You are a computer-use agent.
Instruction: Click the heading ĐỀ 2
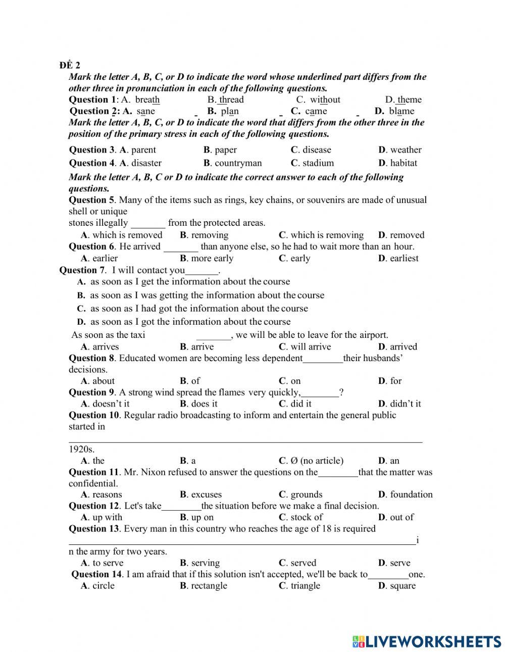coord(69,65)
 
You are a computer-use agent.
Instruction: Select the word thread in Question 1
coord(231,100)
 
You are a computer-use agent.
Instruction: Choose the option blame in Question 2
coord(401,112)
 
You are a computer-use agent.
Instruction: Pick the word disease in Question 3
coord(317,150)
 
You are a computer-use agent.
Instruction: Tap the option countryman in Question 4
coord(238,163)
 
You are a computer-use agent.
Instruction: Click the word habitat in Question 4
coord(403,163)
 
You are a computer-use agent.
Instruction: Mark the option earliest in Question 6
coord(404,259)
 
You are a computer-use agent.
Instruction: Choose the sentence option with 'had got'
coord(199,309)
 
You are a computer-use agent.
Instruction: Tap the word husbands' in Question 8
coord(373,359)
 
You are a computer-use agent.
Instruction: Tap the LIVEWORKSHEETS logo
coord(427,641)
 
